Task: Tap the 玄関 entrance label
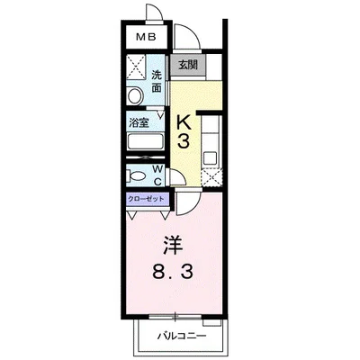(188, 66)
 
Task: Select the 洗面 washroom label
(157, 81)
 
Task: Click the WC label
(157, 173)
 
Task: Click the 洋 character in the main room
(172, 243)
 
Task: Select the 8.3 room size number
(173, 269)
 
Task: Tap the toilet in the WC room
(137, 175)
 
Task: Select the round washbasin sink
(135, 96)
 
